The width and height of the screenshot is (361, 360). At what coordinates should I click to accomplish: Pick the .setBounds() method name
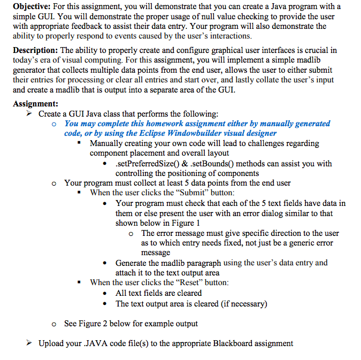[x=205, y=164]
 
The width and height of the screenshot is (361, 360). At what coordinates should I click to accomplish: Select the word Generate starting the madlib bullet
[x=133, y=263]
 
